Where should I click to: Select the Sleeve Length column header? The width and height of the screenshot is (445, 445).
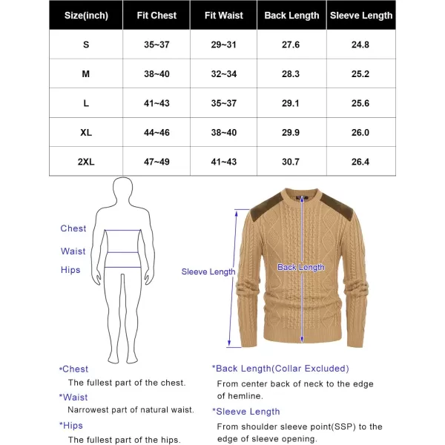click(361, 15)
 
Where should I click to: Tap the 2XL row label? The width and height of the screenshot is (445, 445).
click(86, 162)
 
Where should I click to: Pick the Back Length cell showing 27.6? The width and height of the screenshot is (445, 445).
click(291, 44)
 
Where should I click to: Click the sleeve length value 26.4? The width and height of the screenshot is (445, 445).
click(361, 162)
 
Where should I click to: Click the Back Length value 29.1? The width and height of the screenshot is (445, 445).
click(291, 103)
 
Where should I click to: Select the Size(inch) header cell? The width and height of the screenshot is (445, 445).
click(86, 15)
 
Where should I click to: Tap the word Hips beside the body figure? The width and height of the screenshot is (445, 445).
click(70, 270)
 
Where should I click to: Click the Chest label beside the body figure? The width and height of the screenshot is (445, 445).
click(73, 228)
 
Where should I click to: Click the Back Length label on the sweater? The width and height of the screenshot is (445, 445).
click(300, 267)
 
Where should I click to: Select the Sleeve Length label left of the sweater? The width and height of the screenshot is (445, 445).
click(208, 272)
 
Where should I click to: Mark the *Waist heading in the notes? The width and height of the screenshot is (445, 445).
click(73, 398)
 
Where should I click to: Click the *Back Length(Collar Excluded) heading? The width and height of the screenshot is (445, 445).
click(280, 369)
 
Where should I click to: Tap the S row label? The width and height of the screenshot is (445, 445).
click(86, 44)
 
